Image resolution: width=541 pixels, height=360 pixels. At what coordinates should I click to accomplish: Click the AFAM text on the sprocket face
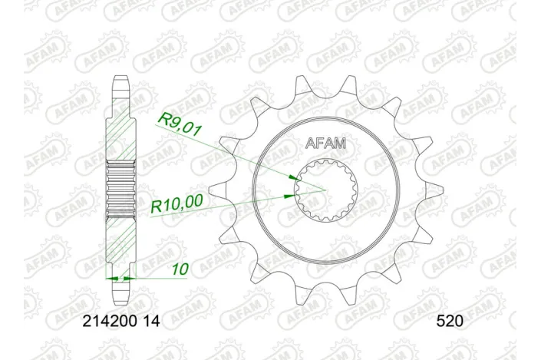(326, 142)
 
